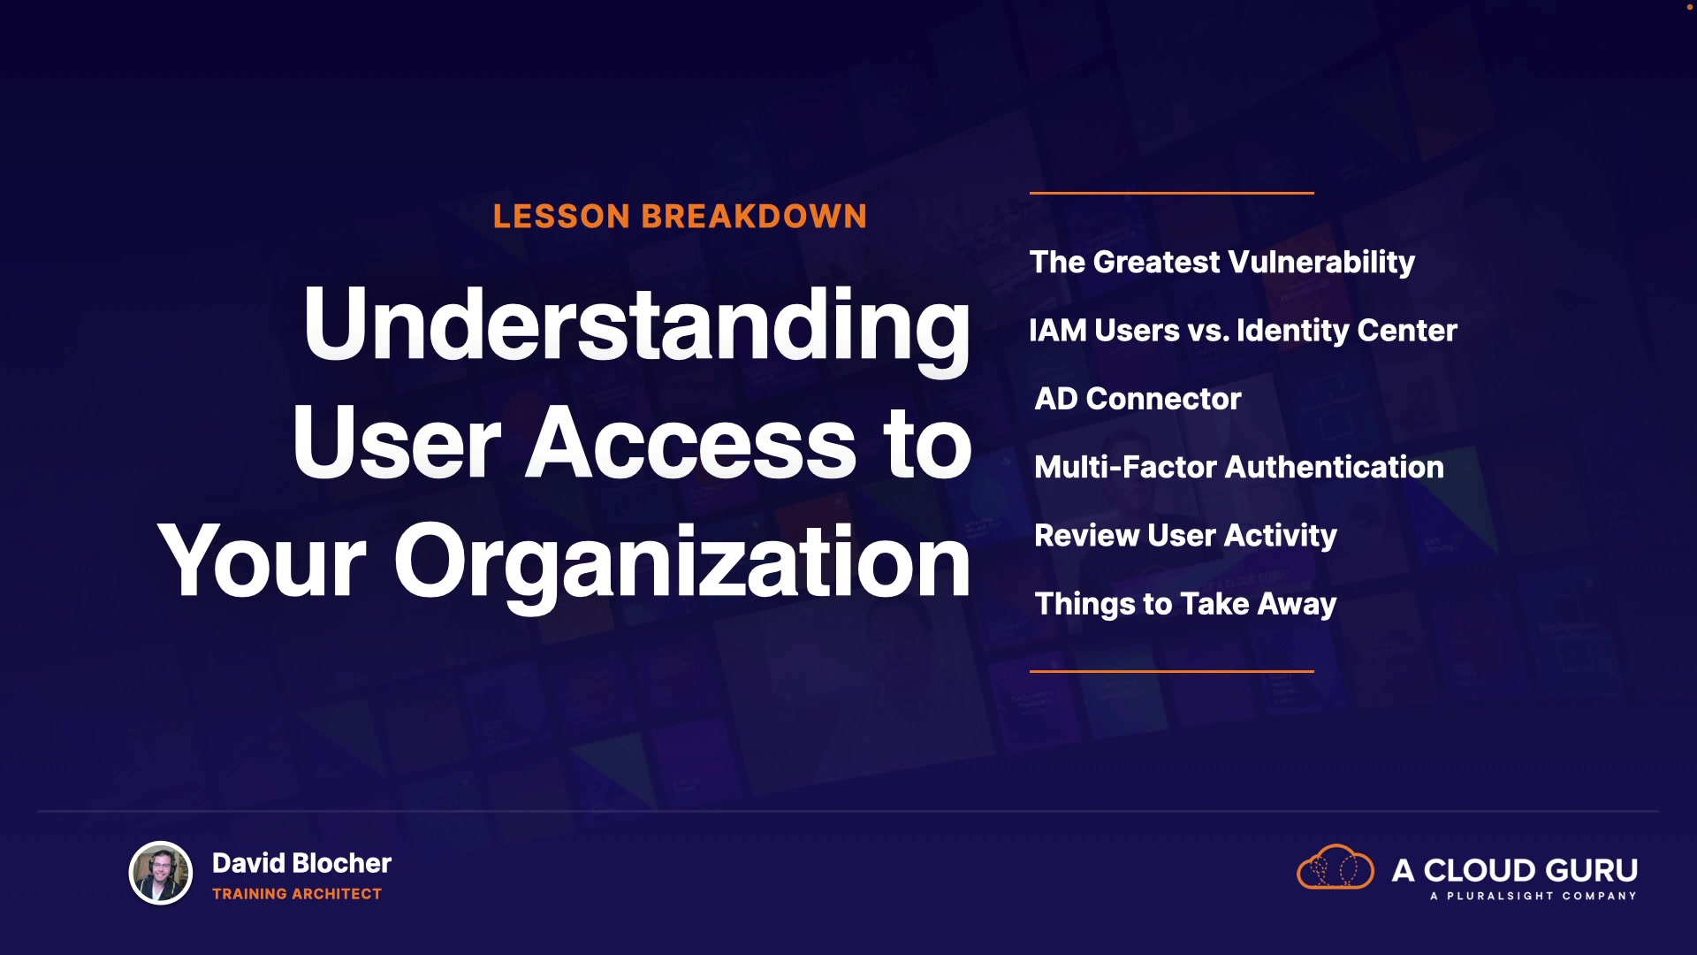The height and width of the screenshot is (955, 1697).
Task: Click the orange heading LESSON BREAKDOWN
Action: (680, 217)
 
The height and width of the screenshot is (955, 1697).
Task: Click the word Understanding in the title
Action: (636, 325)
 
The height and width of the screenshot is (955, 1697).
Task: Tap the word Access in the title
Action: (690, 442)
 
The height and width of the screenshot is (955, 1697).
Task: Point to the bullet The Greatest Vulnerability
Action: (1222, 263)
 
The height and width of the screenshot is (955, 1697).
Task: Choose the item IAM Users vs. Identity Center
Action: (1243, 331)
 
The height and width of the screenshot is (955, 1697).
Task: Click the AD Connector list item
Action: (1138, 399)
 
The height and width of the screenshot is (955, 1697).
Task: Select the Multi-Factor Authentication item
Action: (1239, 467)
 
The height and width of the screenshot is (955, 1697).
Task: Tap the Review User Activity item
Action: (1185, 536)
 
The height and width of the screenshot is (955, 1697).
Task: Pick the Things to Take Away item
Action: (1185, 604)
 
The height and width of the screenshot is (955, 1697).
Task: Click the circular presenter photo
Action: (161, 873)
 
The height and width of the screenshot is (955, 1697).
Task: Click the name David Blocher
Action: (301, 863)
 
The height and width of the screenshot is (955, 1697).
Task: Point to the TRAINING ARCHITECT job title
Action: (297, 894)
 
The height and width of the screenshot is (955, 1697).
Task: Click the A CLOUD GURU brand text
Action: (1515, 870)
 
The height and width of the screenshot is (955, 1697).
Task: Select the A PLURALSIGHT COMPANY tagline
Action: (1533, 896)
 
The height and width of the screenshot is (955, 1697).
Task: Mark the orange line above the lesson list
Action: (1172, 193)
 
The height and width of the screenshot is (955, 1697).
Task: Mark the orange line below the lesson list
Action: (1172, 671)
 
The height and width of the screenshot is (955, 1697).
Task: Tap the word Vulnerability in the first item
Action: (1321, 263)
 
